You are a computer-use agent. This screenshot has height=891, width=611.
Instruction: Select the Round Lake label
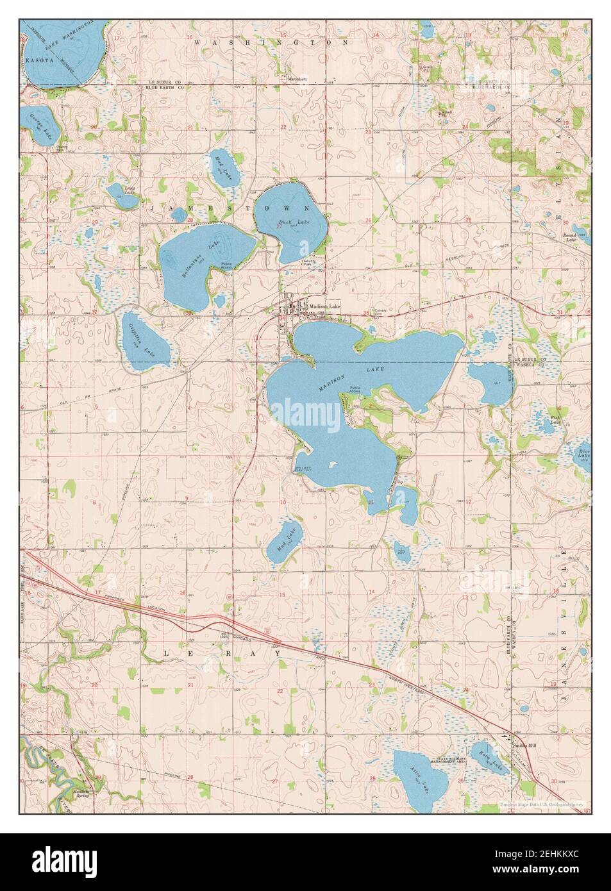tap(568, 237)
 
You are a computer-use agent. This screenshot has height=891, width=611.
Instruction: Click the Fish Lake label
tap(555, 420)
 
